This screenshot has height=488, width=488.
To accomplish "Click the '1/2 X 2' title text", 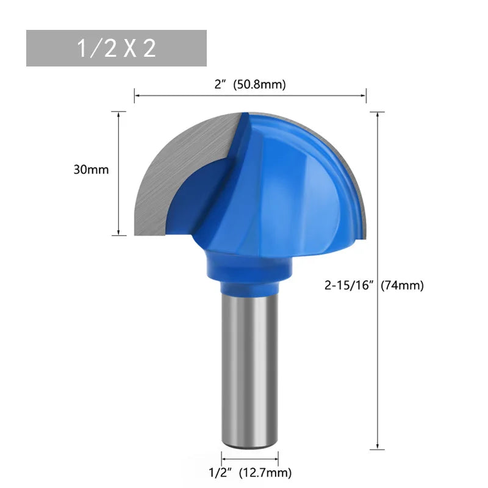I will [116, 49].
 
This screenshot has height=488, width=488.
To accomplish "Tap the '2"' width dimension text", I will [220, 85].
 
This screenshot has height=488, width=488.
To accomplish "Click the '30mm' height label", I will [91, 170].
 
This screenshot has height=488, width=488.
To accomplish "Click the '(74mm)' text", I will [401, 285].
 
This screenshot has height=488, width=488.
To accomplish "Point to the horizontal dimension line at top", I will [250, 95].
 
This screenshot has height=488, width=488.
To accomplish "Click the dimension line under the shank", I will [249, 458].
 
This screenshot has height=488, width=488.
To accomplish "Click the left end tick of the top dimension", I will [135, 95].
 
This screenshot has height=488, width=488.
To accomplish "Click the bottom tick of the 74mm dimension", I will [378, 450].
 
